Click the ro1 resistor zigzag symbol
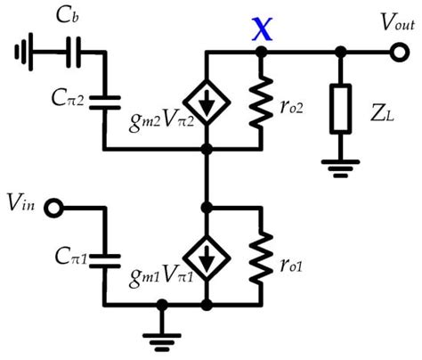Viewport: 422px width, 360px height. point(261,259)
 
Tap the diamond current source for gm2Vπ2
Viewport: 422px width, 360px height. point(206,105)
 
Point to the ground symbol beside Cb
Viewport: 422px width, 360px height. point(20,53)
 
